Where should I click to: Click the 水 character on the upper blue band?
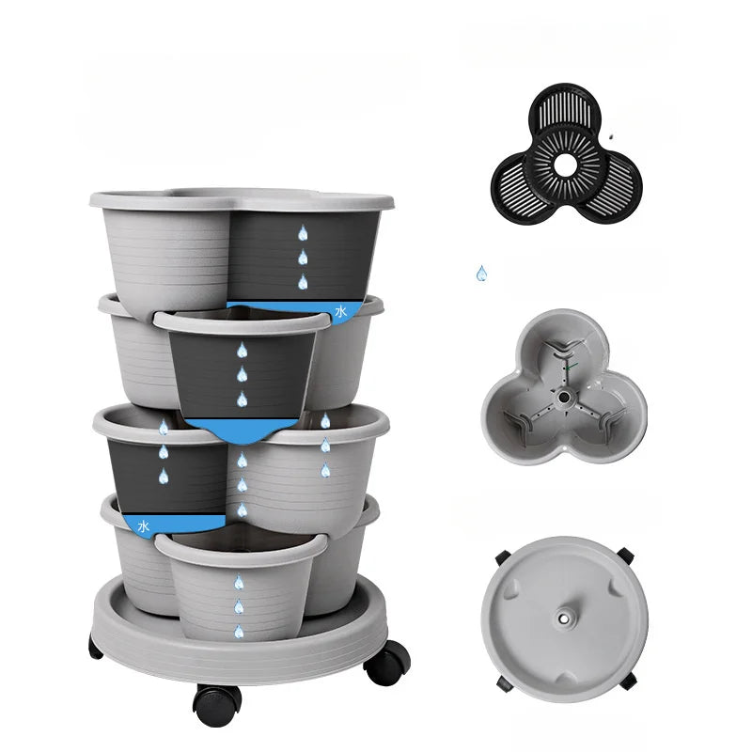(x=340, y=311)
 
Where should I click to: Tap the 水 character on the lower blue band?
(x=144, y=526)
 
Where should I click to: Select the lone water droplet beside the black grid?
(x=481, y=274)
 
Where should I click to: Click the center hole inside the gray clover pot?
(x=565, y=398)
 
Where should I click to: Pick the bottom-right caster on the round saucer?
(x=627, y=680)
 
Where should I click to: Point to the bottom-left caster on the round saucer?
(x=505, y=683)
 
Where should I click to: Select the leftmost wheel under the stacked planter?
(x=96, y=647)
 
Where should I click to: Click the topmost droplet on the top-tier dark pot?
(x=303, y=232)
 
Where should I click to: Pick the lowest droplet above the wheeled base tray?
(x=239, y=631)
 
